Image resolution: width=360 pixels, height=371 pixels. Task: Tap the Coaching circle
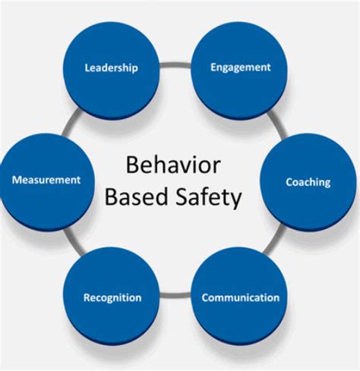tap(308, 182)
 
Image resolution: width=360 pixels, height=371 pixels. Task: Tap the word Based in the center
tap(136, 199)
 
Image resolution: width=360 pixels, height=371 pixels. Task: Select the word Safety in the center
tap(209, 199)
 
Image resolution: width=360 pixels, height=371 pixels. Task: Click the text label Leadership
tap(111, 68)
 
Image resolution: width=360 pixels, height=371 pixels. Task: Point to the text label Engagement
tap(240, 68)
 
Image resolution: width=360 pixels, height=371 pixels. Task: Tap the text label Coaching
tap(308, 182)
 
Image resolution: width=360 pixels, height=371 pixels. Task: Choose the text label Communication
tap(240, 297)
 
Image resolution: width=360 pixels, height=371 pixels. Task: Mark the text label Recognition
tap(111, 297)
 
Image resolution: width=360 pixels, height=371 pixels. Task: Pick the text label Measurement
tap(46, 181)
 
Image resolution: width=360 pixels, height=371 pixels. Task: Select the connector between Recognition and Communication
tap(175, 293)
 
